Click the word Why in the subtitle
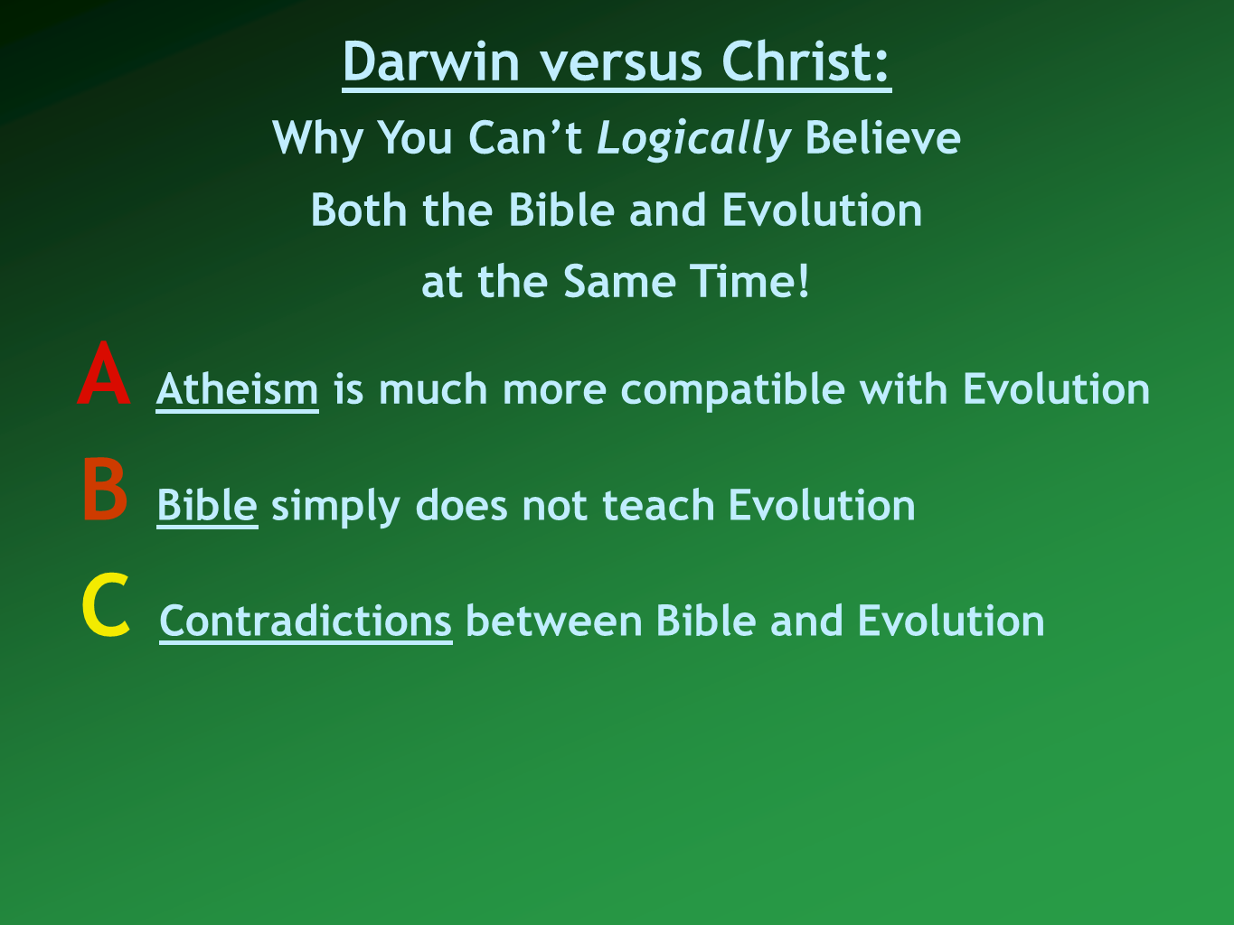(317, 139)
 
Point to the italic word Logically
(693, 139)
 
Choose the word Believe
(882, 137)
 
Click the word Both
(359, 210)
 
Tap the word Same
(619, 281)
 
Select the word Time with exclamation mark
(749, 281)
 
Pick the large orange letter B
(105, 489)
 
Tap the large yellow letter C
(106, 605)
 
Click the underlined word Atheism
(237, 388)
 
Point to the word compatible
(733, 390)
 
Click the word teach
(658, 506)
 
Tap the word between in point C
(554, 621)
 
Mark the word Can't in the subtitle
(525, 137)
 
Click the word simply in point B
(335, 507)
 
